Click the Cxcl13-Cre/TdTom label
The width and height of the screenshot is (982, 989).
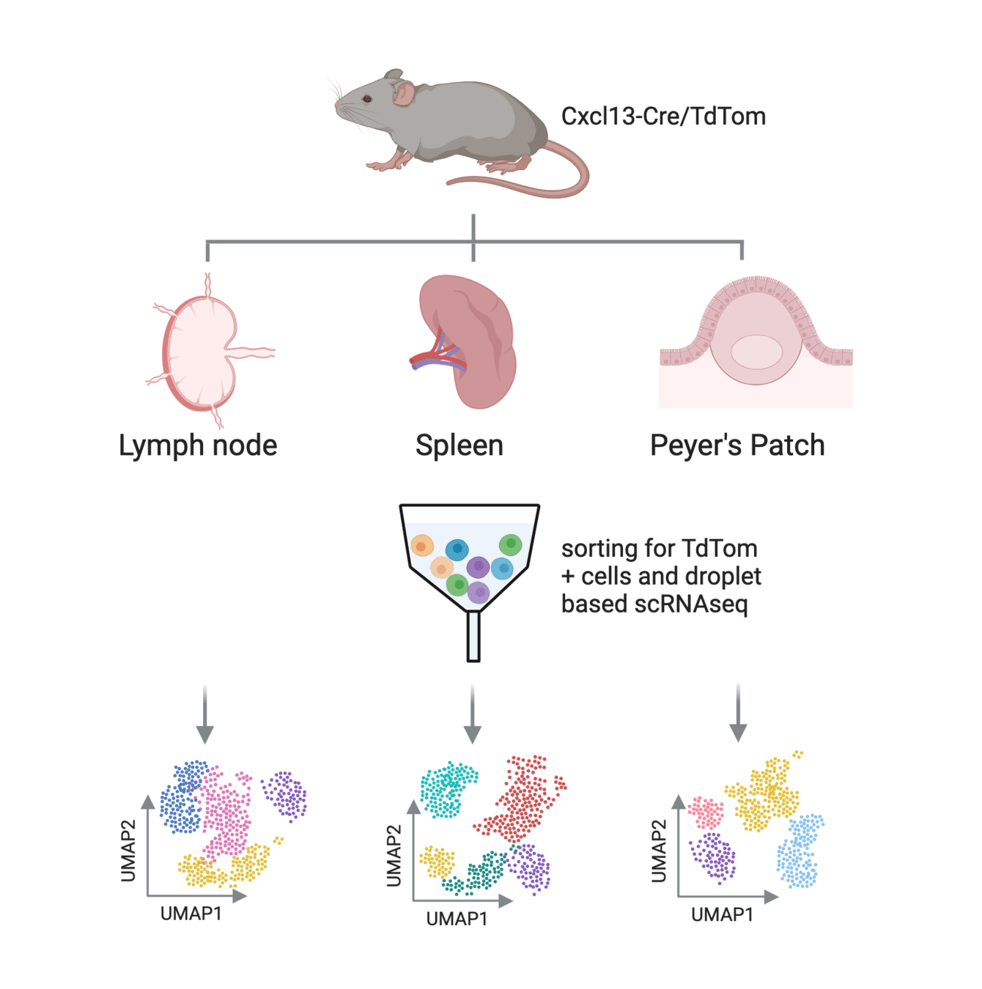(x=663, y=116)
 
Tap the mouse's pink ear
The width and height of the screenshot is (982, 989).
(x=405, y=93)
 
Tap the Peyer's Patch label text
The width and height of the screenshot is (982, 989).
(x=737, y=445)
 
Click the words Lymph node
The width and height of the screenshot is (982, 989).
(x=198, y=445)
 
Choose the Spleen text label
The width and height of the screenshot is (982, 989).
(x=459, y=445)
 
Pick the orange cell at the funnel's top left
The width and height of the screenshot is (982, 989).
(x=422, y=546)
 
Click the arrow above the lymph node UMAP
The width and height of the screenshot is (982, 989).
(x=205, y=714)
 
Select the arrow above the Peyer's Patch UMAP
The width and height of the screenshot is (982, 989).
(x=738, y=713)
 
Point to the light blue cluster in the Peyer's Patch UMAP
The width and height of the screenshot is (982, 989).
(x=800, y=850)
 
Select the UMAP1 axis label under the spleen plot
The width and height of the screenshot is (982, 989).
(x=457, y=919)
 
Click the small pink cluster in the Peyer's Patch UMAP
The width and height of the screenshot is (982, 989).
(x=706, y=812)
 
